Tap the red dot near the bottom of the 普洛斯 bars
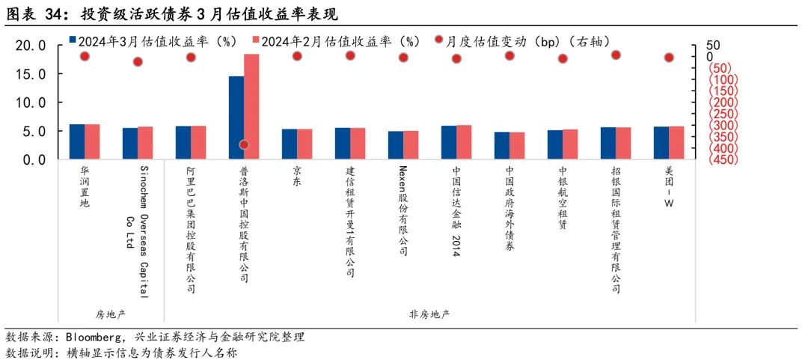tap(244, 144)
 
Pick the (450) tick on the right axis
tap(724, 159)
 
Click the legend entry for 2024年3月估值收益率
tap(158, 41)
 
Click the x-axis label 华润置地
tap(85, 186)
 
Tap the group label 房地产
tap(111, 313)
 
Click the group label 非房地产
tap(429, 313)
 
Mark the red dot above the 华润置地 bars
tap(85, 56)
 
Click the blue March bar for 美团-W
tap(661, 143)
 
